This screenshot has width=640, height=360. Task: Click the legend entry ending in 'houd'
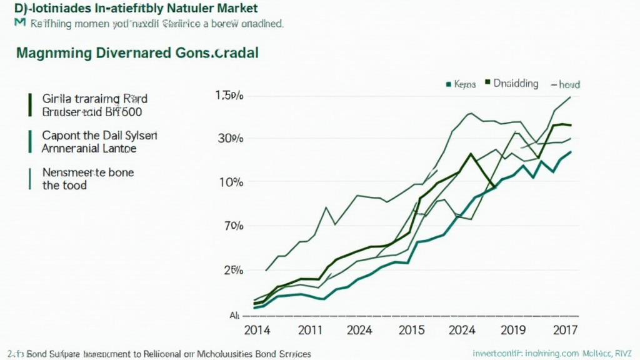565,84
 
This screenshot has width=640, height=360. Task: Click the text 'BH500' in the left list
124,112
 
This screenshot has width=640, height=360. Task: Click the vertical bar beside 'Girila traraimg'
29,106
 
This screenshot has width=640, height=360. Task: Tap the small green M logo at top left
19,23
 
